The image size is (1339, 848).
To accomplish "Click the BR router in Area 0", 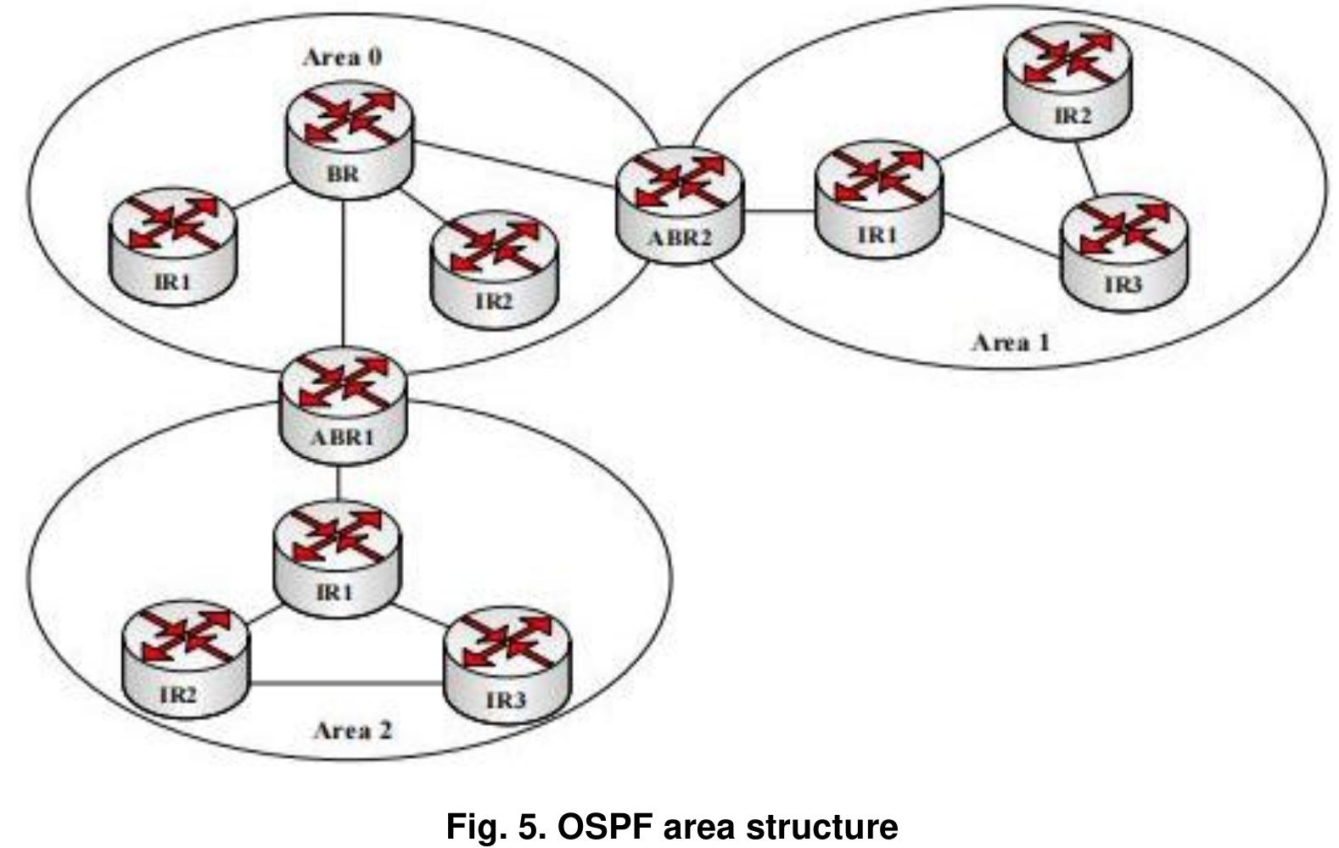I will pos(349,145).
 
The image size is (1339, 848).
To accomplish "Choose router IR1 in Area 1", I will pos(878,200).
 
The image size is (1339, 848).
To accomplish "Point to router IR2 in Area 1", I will pos(1067,81).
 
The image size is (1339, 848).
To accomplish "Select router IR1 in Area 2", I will pos(336,560).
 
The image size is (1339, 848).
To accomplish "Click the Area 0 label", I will pos(342,58).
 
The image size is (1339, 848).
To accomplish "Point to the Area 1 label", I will pos(1010,343).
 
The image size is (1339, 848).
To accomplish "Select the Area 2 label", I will pos(353,730).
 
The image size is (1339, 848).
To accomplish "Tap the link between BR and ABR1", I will pos(344,271).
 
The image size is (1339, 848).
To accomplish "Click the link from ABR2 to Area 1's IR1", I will pos(779,212).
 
